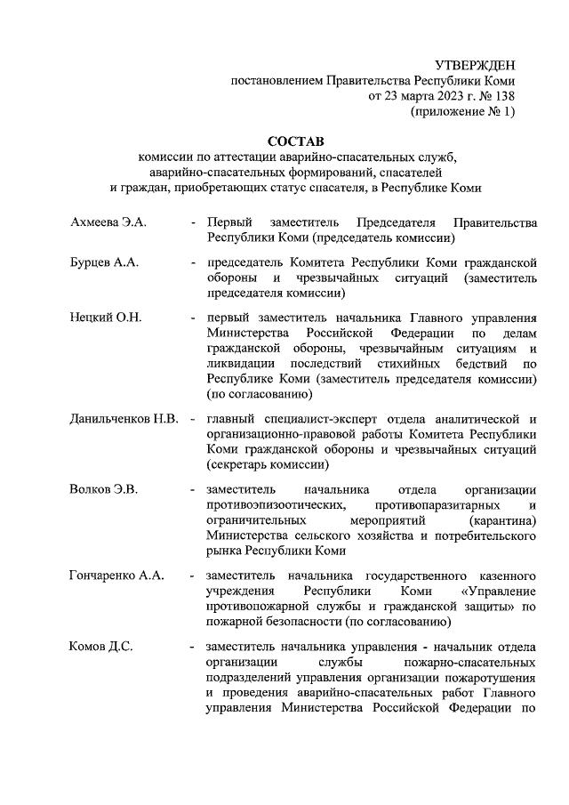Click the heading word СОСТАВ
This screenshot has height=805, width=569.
click(297, 141)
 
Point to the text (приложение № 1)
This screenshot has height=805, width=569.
click(461, 112)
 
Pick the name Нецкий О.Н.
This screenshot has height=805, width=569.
click(106, 318)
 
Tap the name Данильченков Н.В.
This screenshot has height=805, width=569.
click(124, 419)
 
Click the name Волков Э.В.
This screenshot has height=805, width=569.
click(105, 489)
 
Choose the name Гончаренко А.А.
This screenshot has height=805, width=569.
click(116, 576)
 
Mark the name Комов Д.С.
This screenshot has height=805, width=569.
click(100, 647)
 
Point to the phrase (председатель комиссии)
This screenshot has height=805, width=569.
click(382, 238)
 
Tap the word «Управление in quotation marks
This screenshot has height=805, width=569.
click(499, 592)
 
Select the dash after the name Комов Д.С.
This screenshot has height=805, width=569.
click(193, 647)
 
